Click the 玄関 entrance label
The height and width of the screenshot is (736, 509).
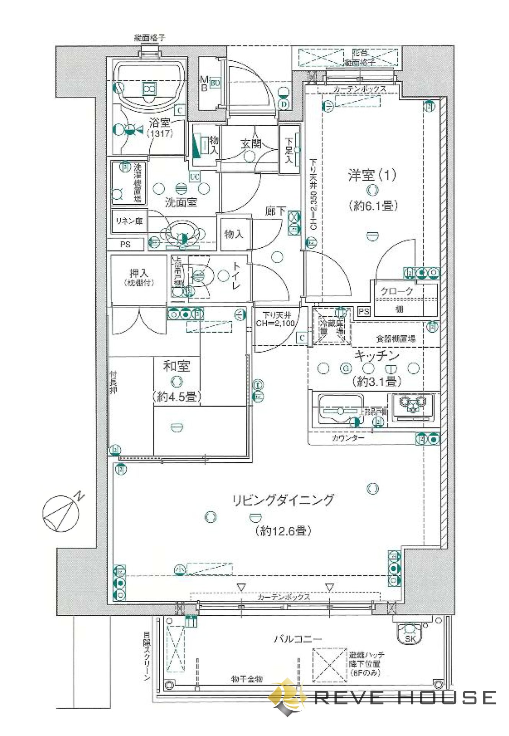251,143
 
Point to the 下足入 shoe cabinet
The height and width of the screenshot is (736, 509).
290,150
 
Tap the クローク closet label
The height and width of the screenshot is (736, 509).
397,291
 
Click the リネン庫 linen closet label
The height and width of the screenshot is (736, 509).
129,221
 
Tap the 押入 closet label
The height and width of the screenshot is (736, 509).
139,277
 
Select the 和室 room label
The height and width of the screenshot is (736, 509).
176,366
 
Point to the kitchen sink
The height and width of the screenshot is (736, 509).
339,410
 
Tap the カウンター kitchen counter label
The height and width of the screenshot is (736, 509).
348,437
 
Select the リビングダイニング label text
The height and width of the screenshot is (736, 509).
283,500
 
